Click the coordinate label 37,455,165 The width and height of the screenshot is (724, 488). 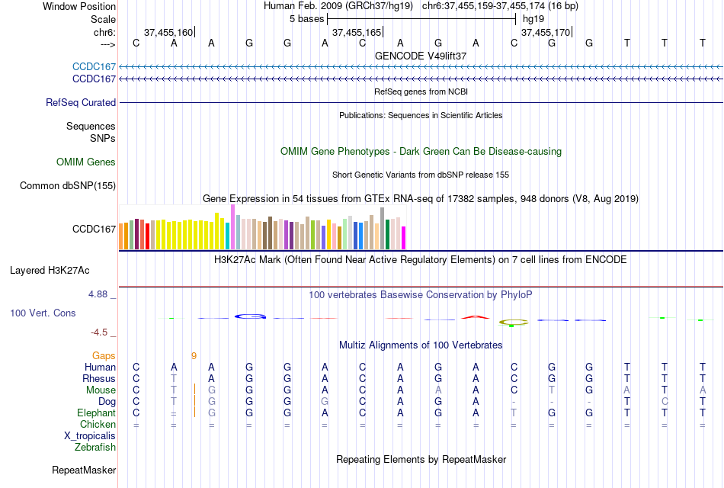(357, 32)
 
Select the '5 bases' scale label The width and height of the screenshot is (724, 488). (307, 18)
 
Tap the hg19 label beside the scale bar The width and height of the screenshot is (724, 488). (533, 18)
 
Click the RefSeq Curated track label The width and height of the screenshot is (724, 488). (81, 102)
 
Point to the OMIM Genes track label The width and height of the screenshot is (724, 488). (86, 162)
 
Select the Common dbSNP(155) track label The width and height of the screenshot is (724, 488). (68, 185)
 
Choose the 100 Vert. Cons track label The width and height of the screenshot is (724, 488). (43, 313)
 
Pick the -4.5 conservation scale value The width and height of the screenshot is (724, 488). (101, 332)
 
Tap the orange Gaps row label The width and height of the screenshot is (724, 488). (104, 355)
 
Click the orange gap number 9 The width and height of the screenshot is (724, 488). (194, 355)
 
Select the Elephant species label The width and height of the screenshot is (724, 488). (96, 413)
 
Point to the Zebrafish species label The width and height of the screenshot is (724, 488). (95, 447)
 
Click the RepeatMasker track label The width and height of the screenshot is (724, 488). (84, 470)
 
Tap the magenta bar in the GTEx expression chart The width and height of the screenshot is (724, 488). (403, 238)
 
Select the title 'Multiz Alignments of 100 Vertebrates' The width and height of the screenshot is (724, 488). (421, 345)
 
